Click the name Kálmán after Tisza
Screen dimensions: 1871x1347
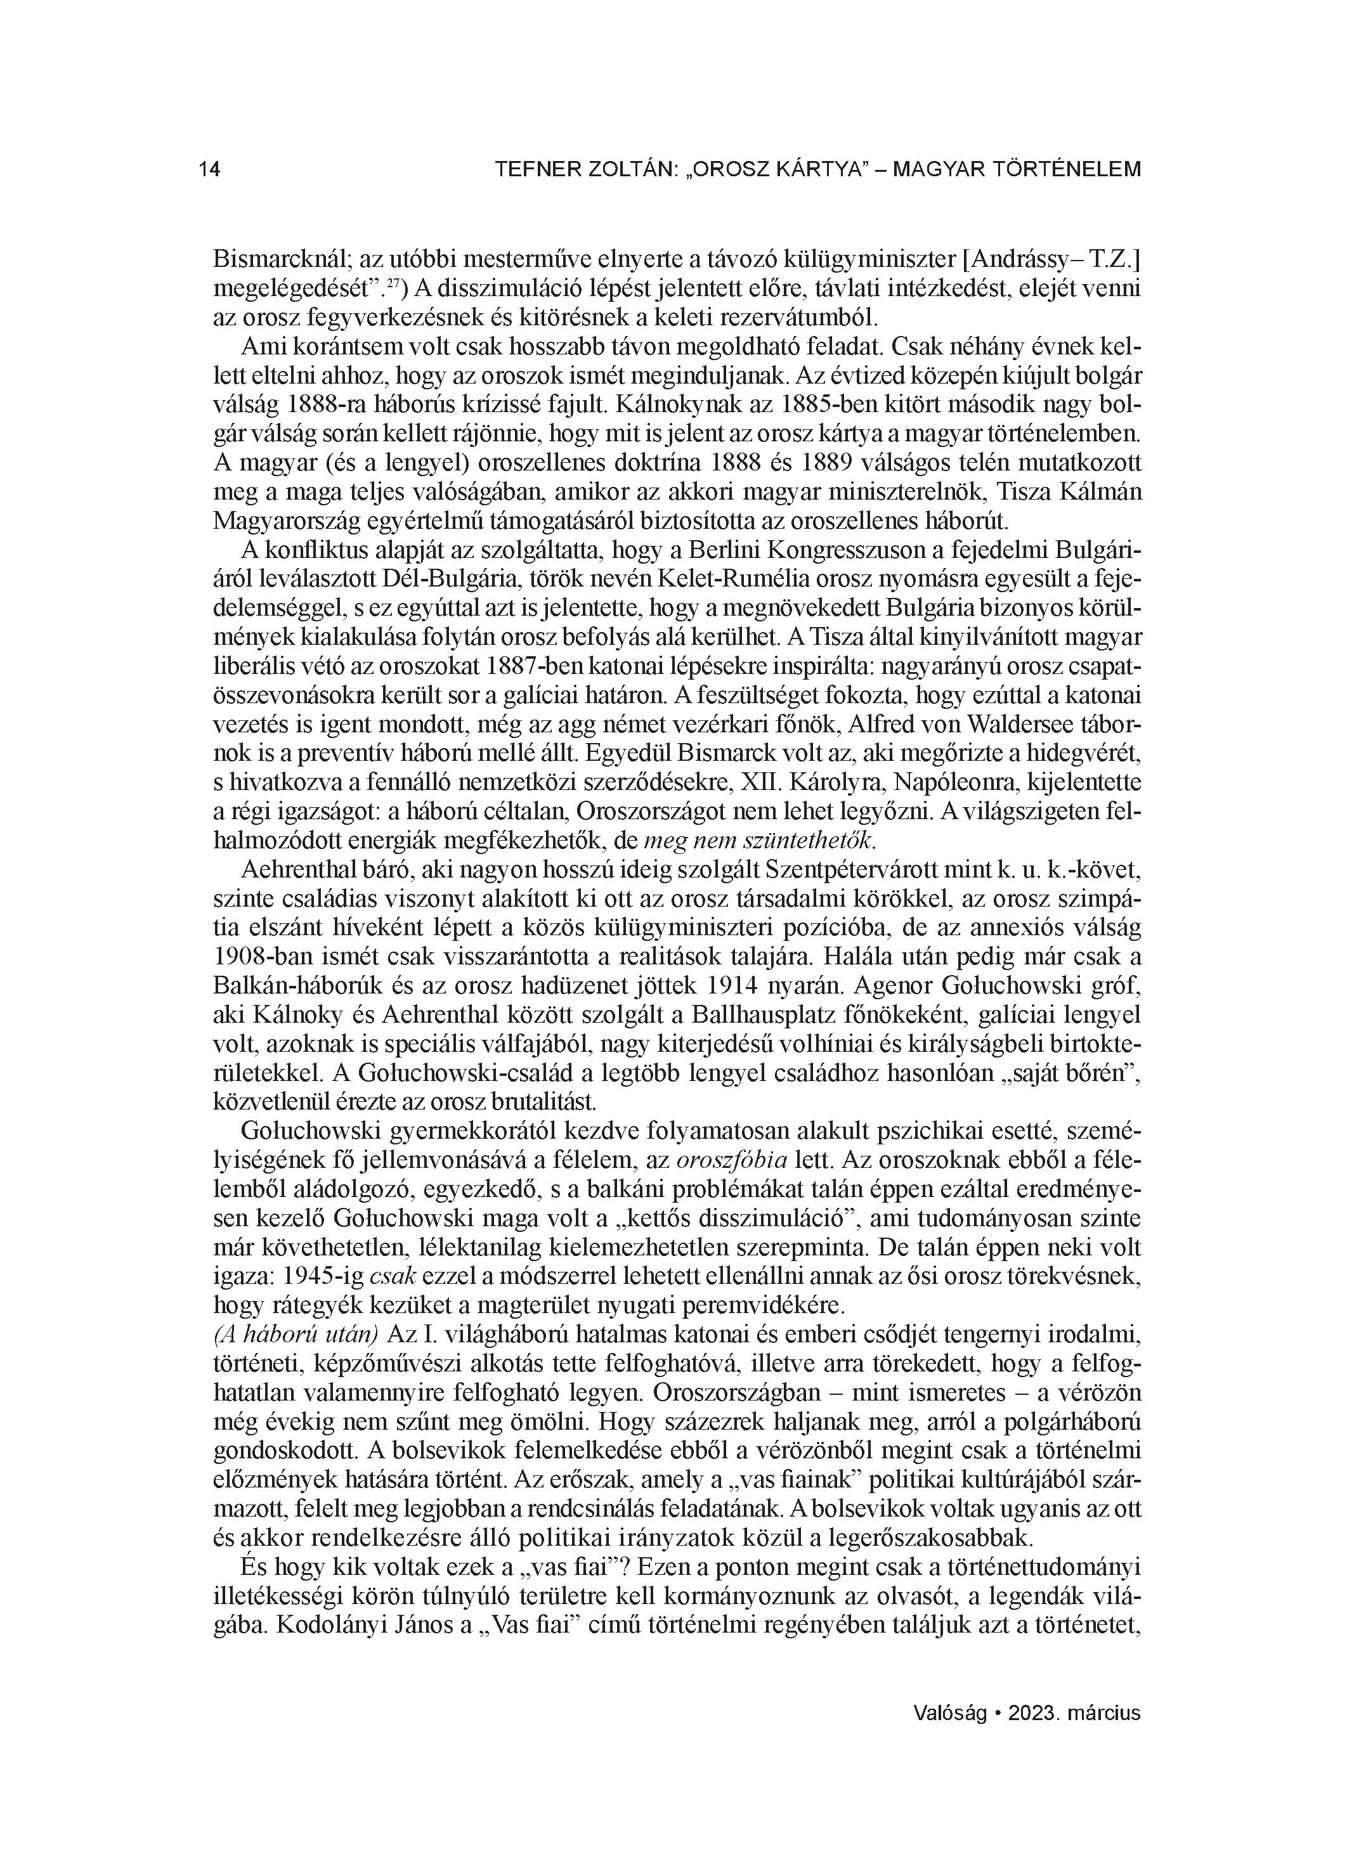(x=1098, y=491)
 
